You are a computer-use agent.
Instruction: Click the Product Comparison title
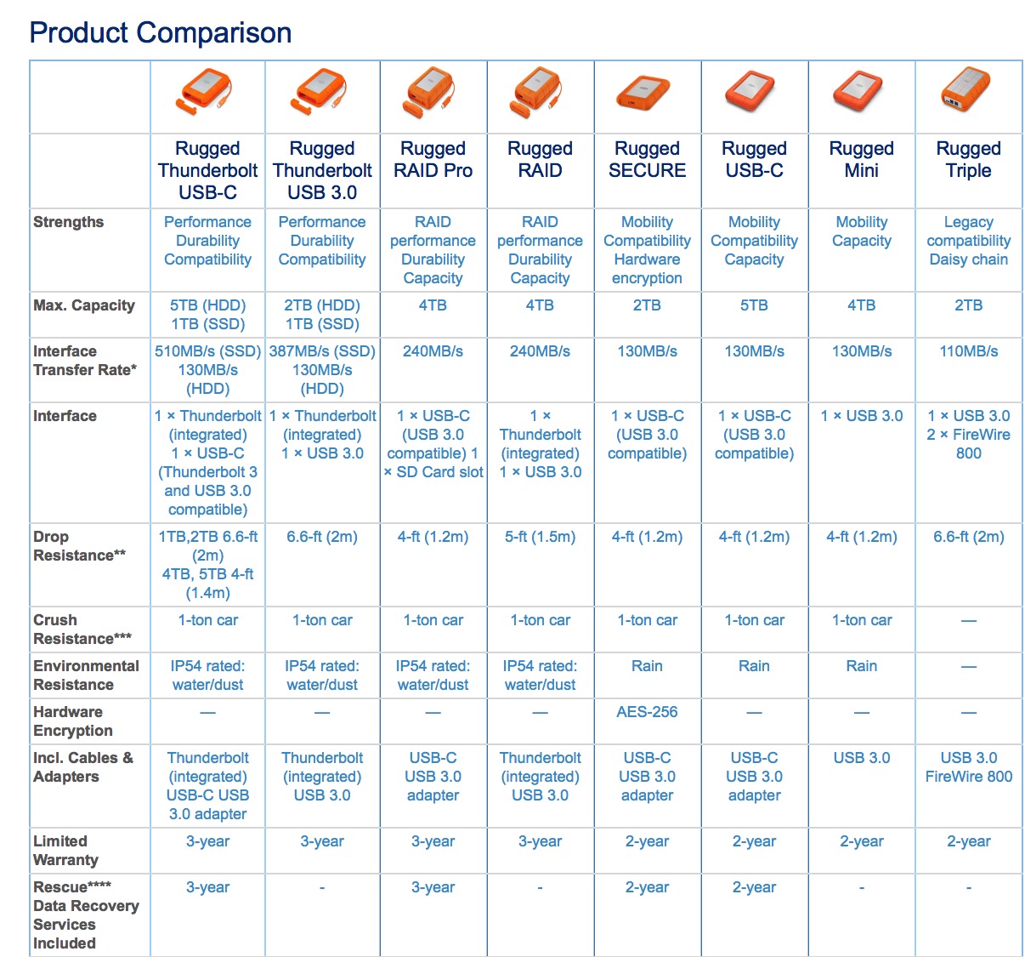[161, 33]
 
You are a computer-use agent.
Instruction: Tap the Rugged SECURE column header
[647, 160]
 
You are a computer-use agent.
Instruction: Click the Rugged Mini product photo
[861, 92]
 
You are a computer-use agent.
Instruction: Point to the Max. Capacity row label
[84, 305]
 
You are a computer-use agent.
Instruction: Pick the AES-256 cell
[647, 712]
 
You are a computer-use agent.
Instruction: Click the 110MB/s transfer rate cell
[968, 351]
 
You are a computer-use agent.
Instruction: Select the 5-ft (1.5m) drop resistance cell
[540, 537]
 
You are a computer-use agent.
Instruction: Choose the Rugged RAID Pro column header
[433, 160]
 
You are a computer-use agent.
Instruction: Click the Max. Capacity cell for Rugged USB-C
[754, 305]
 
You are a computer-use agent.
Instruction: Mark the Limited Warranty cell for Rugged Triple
[968, 841]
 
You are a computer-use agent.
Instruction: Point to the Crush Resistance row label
[82, 629]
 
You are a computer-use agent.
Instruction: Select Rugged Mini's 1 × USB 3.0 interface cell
[861, 416]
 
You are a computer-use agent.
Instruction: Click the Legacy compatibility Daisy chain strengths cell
[968, 241]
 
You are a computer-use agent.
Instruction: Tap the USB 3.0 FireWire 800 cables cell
[968, 767]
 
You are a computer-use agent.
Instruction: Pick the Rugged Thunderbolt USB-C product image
[207, 92]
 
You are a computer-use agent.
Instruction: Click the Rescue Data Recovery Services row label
[85, 915]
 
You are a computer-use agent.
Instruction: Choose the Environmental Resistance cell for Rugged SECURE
[647, 666]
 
